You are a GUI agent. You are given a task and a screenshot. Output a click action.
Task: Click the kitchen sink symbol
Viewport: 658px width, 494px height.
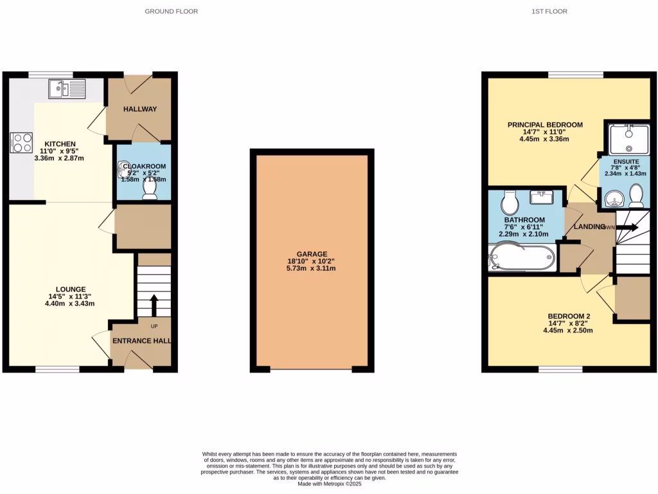point(66,89)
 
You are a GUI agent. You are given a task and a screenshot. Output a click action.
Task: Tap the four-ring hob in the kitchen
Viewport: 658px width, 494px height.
point(21,142)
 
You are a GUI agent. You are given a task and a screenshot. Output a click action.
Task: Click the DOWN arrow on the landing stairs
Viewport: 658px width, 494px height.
point(627,227)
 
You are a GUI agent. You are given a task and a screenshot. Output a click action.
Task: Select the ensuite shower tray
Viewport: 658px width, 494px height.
point(627,140)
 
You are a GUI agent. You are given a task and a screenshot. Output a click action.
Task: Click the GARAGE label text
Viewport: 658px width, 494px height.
point(312,254)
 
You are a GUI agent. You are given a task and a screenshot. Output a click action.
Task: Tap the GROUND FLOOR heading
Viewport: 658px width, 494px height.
point(171,12)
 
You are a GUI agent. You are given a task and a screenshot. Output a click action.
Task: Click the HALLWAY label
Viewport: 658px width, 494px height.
point(139,109)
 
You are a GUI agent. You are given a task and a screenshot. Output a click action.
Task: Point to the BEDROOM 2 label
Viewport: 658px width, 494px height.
point(569,316)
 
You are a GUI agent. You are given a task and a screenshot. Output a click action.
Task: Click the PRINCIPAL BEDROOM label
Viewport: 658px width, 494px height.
point(545,125)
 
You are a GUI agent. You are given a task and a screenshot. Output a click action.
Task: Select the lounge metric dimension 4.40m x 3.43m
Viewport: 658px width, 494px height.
point(70,304)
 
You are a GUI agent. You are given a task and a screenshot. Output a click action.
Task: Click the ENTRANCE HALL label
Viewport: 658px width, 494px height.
point(141,341)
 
